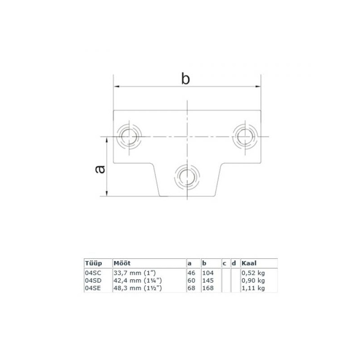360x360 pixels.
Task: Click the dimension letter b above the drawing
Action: (x=185, y=78)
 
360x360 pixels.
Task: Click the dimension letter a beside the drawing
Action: (x=100, y=169)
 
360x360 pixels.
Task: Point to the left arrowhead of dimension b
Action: (x=117, y=86)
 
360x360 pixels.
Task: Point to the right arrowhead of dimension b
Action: (x=258, y=86)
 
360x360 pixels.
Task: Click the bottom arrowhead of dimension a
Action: (x=107, y=193)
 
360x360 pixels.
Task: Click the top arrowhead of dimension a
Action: (x=107, y=140)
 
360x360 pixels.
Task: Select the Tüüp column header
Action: (x=94, y=263)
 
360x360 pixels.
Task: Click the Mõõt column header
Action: (x=122, y=263)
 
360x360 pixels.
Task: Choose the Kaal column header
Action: (x=249, y=263)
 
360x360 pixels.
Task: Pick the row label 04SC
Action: (x=93, y=273)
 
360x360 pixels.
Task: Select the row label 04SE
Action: (x=93, y=288)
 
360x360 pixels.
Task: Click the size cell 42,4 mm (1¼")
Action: (x=138, y=280)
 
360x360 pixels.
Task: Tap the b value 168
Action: (x=208, y=288)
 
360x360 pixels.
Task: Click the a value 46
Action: (x=192, y=273)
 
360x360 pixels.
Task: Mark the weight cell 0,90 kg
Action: (x=253, y=280)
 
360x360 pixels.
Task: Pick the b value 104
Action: (x=208, y=273)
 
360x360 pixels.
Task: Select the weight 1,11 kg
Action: (x=253, y=288)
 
